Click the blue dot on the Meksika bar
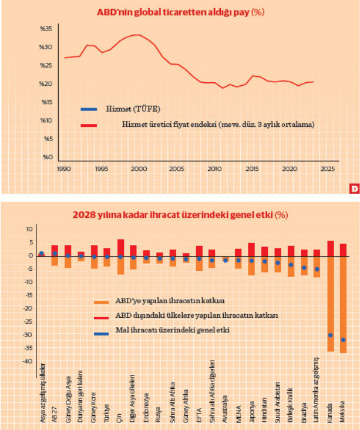344,340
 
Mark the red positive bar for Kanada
331,248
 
